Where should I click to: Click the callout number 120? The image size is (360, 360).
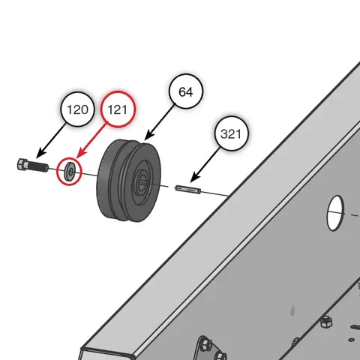coord(78,111)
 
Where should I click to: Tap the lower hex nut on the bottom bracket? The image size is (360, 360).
coord(220,355)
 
